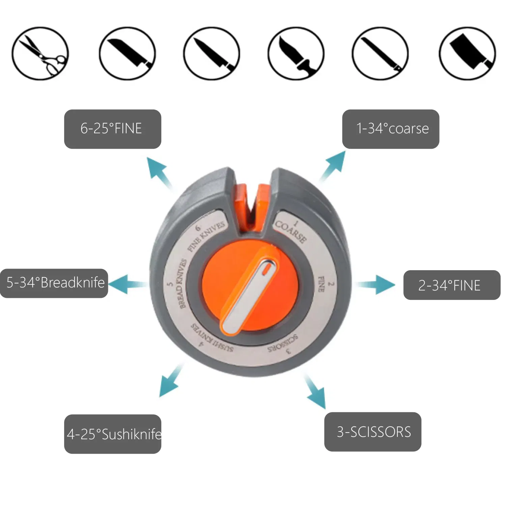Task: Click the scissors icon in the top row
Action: coord(40,53)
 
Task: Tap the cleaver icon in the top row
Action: coord(467,53)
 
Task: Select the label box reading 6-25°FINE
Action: coord(113,129)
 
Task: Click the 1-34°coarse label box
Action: coord(391,129)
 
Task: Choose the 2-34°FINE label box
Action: coord(452,285)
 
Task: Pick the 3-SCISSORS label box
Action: coord(373,432)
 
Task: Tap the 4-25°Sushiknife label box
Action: coord(113,434)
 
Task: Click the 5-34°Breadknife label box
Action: coord(54,283)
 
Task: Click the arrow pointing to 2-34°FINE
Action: coord(376,285)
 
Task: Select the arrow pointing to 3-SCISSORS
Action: coord(315,391)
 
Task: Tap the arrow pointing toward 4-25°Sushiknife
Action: coord(171,380)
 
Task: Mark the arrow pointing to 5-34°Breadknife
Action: coord(128,284)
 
